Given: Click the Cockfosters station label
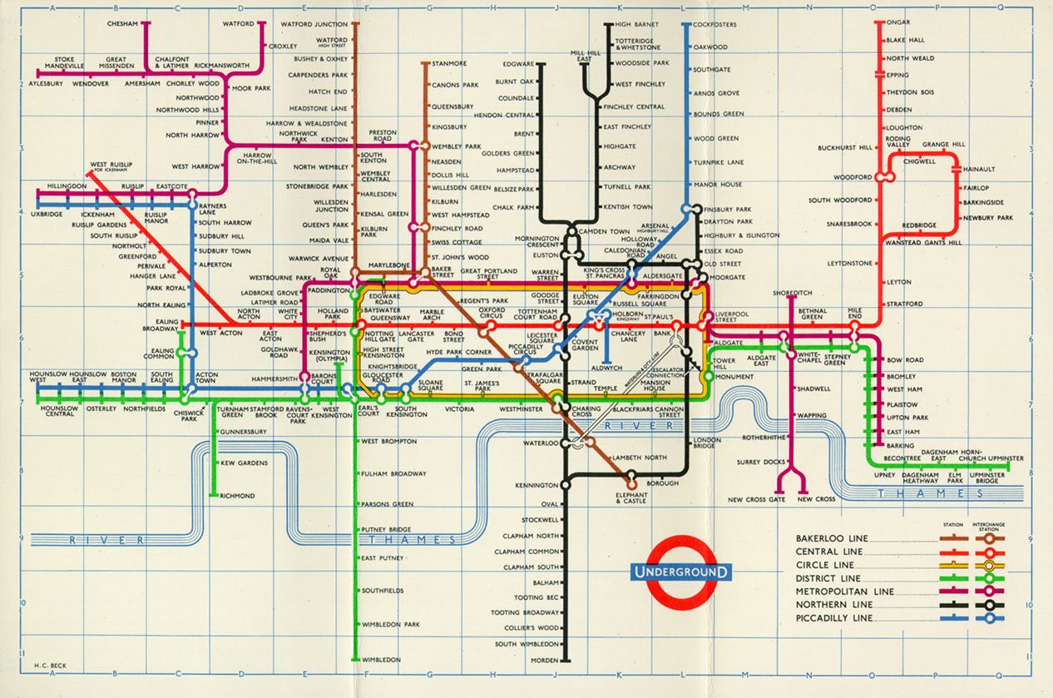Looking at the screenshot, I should [714, 25].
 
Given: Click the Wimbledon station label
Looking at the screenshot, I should [381, 660].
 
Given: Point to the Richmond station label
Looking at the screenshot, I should [237, 496].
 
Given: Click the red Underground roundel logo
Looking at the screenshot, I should [681, 572].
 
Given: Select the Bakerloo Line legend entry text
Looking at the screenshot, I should [831, 538].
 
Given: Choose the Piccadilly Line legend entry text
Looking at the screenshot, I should [834, 618].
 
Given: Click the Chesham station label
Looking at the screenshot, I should [122, 23].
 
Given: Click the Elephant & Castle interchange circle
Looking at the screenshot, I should [631, 482].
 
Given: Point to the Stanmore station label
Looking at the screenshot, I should [449, 63].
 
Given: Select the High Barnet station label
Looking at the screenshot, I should [637, 25].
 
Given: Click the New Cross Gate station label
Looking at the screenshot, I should [756, 499].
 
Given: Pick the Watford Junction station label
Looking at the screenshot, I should [314, 24].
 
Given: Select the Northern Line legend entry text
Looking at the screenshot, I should [834, 605].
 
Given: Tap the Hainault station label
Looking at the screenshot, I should [978, 169].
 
